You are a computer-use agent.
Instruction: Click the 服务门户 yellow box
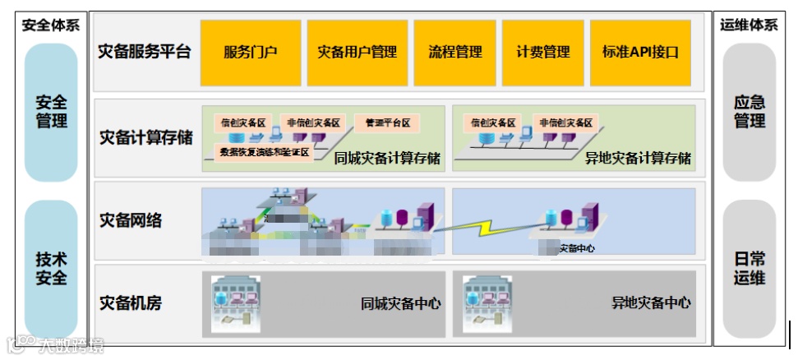251,53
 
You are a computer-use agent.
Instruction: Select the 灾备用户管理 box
357,53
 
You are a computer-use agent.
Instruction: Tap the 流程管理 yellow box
455,53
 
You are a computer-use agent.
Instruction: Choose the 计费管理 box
543,53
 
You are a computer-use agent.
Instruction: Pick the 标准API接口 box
640,53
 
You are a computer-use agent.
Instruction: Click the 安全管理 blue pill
52,113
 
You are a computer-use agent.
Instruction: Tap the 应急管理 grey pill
749,113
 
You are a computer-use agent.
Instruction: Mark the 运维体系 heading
749,25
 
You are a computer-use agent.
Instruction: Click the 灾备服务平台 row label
145,52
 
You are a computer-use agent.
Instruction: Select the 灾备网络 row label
131,220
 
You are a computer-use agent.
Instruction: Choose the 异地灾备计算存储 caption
638,158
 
